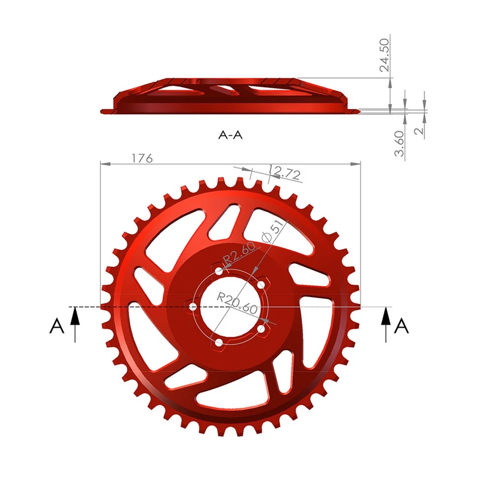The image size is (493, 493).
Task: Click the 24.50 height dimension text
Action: click(x=384, y=55)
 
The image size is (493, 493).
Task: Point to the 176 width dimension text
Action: click(x=142, y=158)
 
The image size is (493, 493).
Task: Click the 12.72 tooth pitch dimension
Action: click(x=285, y=173)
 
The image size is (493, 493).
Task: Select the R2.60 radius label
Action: click(x=239, y=253)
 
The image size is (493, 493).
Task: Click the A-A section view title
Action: click(x=230, y=135)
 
